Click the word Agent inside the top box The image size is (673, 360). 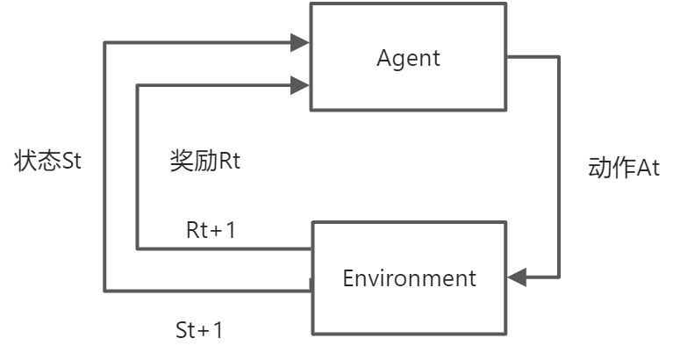[408, 59]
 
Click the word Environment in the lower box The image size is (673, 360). [409, 278]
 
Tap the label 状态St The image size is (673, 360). [48, 162]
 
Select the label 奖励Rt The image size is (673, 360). [204, 162]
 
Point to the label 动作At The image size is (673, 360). [623, 169]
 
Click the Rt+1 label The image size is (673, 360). [211, 230]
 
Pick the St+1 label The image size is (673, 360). [199, 331]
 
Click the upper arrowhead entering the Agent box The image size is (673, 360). [300, 41]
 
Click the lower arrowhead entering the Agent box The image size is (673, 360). [300, 85]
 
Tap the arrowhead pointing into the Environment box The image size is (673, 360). [517, 277]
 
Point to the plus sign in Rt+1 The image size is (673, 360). [215, 231]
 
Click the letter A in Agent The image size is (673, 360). [384, 59]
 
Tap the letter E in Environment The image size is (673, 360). [348, 278]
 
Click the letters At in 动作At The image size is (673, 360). [648, 169]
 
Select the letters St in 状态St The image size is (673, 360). [71, 162]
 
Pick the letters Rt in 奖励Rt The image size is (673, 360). [229, 162]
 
